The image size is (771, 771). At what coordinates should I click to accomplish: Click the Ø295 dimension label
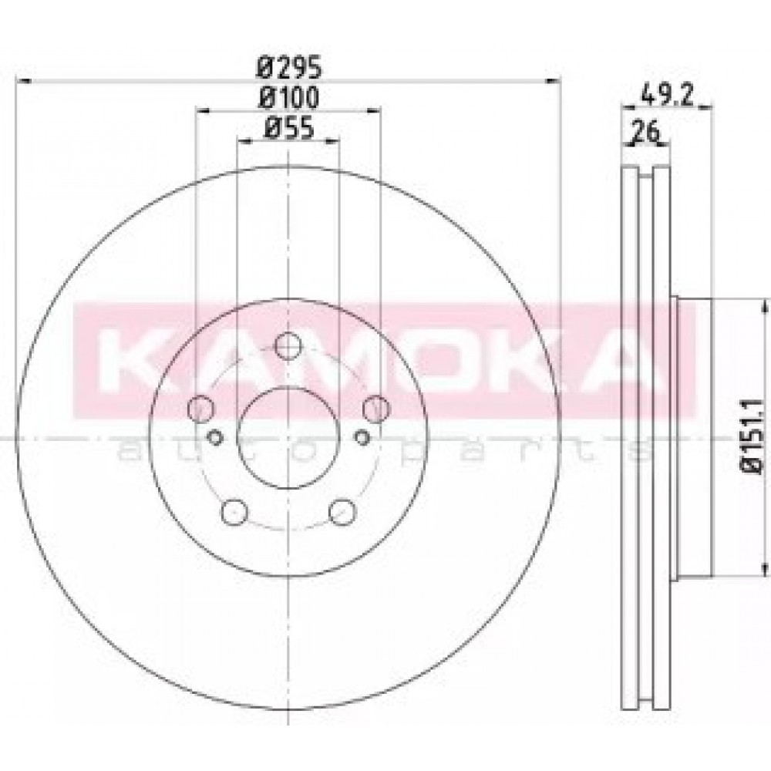pyautogui.click(x=289, y=66)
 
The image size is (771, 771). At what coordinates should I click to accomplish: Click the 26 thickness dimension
pyautogui.click(x=645, y=133)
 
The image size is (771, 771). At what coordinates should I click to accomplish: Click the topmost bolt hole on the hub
pyautogui.click(x=288, y=345)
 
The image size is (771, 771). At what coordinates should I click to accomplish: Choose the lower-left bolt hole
pyautogui.click(x=234, y=513)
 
